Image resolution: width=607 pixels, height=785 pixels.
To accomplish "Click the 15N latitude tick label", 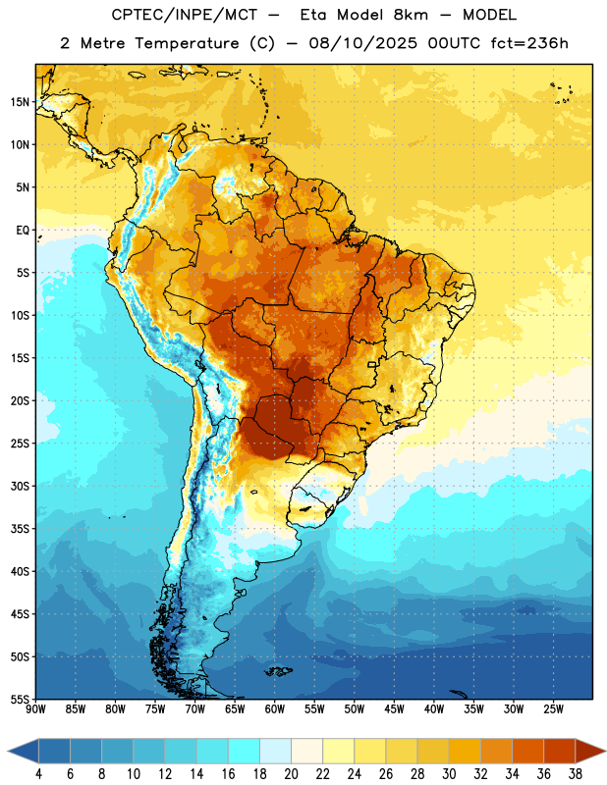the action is click(20, 102).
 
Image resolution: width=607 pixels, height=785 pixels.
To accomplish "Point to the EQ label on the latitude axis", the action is click(23, 231).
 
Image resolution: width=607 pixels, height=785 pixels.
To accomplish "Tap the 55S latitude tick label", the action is click(20, 699).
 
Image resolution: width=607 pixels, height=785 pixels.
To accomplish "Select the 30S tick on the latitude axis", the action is click(20, 486).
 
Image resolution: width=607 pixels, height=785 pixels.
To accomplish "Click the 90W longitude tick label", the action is click(35, 709).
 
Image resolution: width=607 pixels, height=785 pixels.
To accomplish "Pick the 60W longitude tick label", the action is click(275, 709).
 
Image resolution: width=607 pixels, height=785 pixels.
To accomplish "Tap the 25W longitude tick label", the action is click(553, 709).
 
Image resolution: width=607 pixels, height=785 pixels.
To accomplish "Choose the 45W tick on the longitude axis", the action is click(394, 709).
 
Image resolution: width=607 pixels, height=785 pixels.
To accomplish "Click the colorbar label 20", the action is click(291, 774).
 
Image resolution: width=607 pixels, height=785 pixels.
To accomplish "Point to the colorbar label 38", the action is click(576, 774).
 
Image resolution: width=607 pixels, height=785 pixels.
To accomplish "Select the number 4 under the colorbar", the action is click(38, 774).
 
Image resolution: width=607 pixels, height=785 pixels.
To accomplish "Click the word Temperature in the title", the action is click(187, 43).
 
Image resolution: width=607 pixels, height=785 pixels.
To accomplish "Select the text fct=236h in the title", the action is click(529, 43).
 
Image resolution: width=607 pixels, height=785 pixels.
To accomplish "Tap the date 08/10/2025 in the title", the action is click(362, 43).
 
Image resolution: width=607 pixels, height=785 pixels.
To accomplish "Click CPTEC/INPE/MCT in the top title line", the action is click(184, 15).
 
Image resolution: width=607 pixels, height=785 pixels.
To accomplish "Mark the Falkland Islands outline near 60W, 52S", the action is click(278, 671).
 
